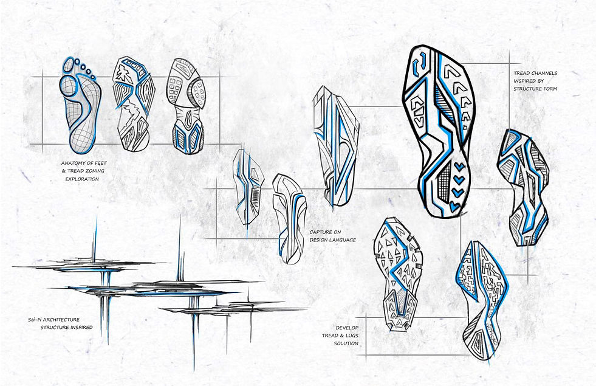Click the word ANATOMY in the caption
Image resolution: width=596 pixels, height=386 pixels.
74,164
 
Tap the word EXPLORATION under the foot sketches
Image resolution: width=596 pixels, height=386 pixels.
81,179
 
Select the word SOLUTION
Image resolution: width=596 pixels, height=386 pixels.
345,343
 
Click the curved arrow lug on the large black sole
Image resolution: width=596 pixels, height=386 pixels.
419,66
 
